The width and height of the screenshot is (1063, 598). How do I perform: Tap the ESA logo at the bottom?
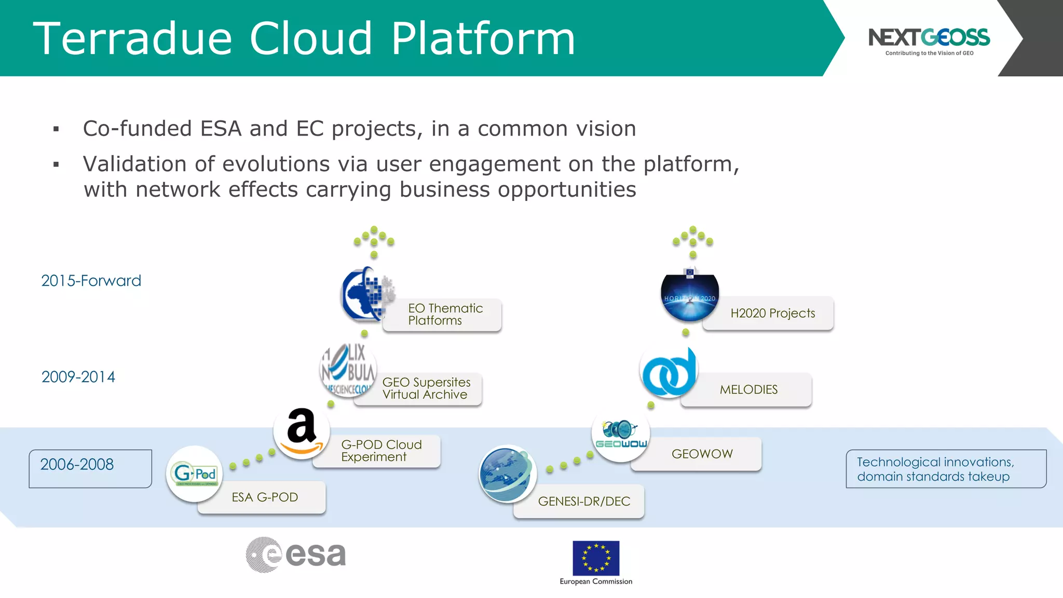pos(296,555)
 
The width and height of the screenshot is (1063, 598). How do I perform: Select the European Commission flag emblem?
pos(596,558)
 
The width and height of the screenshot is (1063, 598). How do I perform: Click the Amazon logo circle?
pos(302,431)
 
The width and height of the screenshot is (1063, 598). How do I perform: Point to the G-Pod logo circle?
pos(195,473)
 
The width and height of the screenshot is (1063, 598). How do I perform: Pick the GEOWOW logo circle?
pos(621,433)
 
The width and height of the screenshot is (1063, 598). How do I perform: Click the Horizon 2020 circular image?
pos(690,297)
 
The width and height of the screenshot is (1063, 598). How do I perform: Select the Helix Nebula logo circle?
pos(348,370)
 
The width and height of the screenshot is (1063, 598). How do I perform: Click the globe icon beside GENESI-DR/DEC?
pos(507,474)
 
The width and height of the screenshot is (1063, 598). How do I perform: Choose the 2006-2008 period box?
pos(90,468)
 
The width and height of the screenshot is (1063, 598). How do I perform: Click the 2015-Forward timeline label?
pos(91,281)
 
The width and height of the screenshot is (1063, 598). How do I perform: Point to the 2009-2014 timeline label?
pos(78,377)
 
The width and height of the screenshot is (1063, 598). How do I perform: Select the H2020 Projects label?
pos(772,314)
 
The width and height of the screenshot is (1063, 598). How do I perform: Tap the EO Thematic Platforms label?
pos(445,315)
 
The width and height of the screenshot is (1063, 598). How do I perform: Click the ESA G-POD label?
pos(265,497)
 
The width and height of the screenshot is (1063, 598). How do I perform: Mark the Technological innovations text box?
pos(945,469)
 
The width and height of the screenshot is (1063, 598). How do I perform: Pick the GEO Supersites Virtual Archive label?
pos(426,388)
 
